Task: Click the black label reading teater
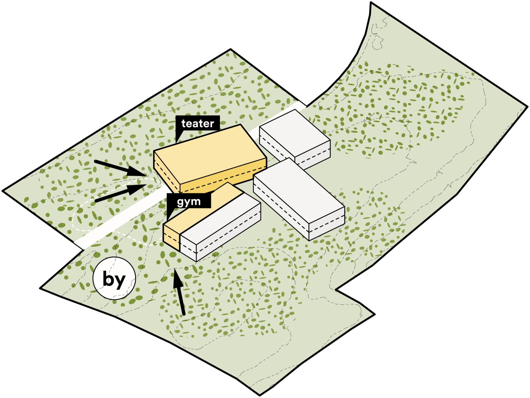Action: pos(198,123)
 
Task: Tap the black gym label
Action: pos(189,202)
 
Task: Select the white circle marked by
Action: pos(114,278)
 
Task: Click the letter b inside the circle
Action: pos(108,278)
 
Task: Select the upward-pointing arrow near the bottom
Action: pos(179,292)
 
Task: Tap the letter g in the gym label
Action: pos(180,202)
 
